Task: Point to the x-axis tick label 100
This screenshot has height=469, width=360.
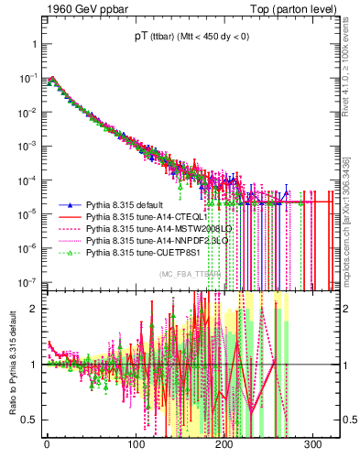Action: (136, 444)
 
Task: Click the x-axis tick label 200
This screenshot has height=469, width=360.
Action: (224, 444)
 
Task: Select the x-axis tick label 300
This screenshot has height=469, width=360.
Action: (313, 444)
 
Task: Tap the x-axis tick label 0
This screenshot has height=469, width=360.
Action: (47, 444)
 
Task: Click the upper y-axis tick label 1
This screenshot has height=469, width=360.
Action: (32, 45)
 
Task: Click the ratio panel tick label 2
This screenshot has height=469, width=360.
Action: (32, 308)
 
